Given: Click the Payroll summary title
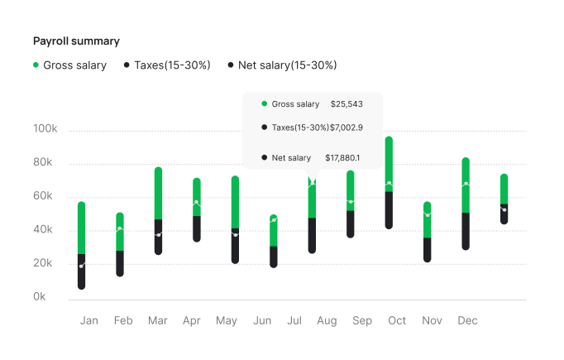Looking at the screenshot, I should coord(76,41).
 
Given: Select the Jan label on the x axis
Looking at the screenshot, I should coord(89,321).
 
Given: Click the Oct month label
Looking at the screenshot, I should coord(397,321).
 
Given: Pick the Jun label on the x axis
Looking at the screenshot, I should coord(262,321).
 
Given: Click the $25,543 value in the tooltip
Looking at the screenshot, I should coord(347,104).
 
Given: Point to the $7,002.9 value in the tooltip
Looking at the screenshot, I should coord(347,127).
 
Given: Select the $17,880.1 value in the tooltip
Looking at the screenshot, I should coord(342,157).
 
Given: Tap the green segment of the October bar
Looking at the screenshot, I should coord(389,163).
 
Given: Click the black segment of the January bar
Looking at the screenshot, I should coord(82,271).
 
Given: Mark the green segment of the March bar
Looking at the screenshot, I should coord(158,192).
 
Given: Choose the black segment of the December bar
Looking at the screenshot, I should coord(466,231).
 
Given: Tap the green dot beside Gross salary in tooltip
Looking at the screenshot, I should coord(264,104).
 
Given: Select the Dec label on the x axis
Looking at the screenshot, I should coord(466,321).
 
